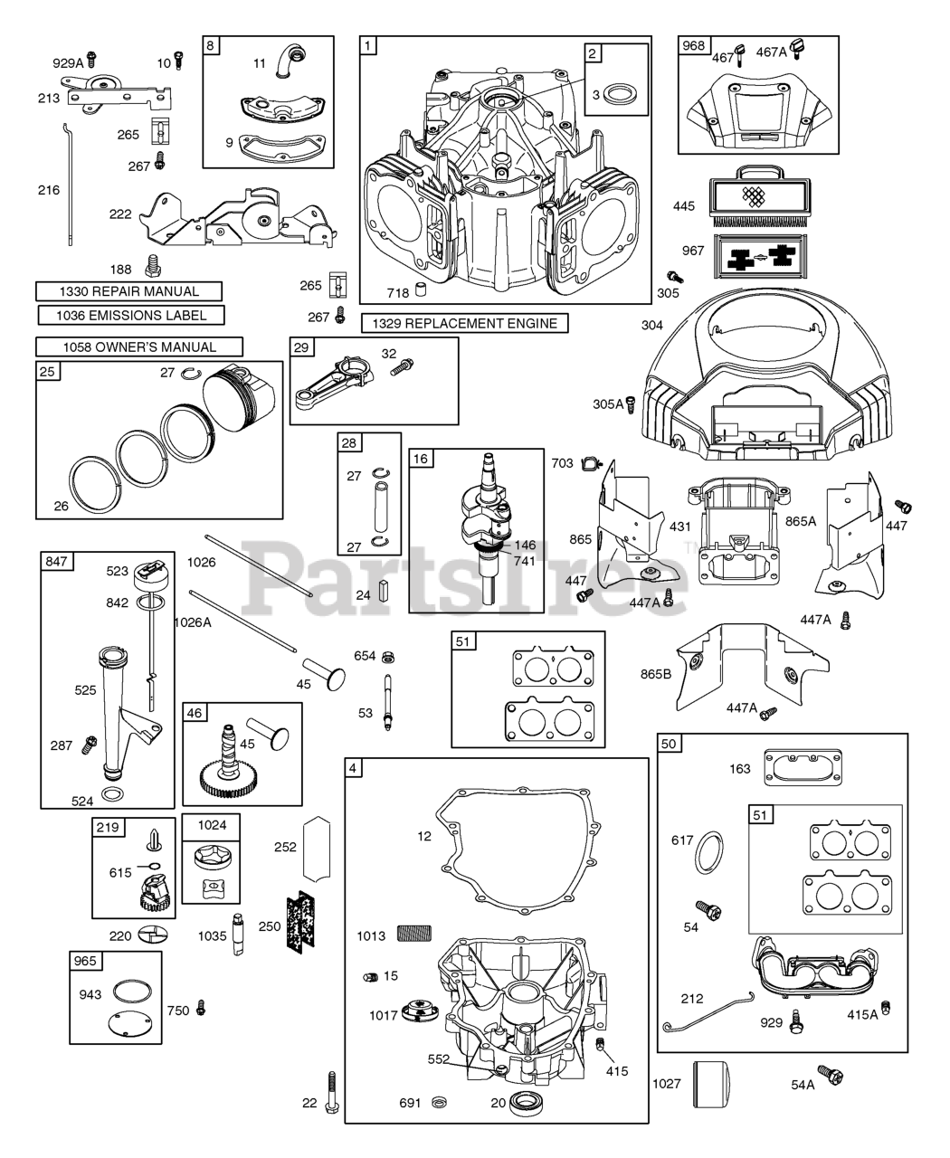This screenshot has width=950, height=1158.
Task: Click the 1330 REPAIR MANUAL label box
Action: click(x=129, y=291)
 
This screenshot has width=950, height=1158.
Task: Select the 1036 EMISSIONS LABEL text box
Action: click(x=132, y=316)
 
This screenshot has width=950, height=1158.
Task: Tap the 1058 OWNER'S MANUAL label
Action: click(x=138, y=346)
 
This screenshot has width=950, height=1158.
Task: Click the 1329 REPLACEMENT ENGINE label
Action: click(x=465, y=324)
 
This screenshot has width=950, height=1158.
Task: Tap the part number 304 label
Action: click(x=651, y=326)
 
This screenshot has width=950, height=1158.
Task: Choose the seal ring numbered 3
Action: click(x=618, y=93)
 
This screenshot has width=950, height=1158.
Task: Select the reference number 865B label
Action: click(x=658, y=674)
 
